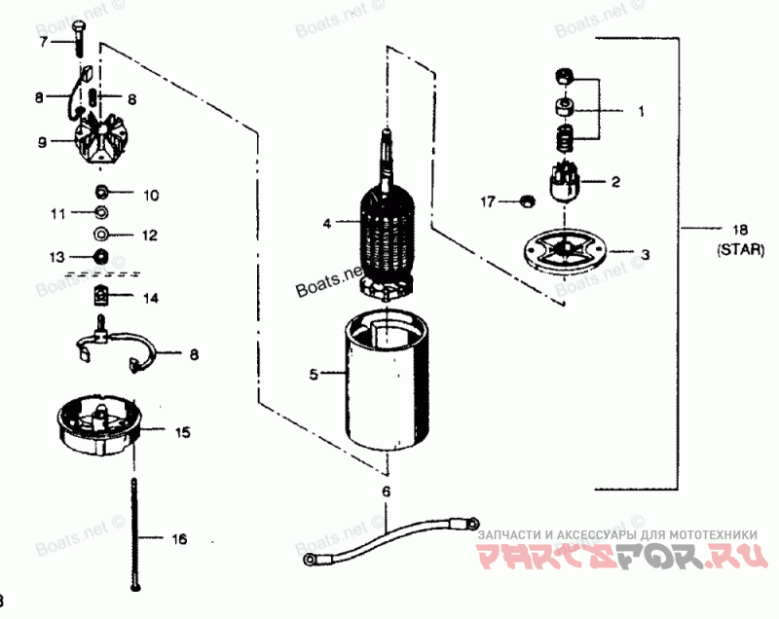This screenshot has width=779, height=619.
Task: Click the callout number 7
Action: coord(43,43)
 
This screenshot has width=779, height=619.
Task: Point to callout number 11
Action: coord(57,212)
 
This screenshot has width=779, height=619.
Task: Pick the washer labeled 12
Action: coord(101,234)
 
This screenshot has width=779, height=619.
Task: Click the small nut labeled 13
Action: coord(100,257)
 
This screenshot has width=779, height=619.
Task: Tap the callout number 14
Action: coord(150,297)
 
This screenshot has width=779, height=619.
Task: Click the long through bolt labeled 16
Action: coord(135,535)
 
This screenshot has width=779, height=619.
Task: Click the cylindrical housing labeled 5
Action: coord(389,384)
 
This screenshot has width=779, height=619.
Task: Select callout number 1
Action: coord(641,111)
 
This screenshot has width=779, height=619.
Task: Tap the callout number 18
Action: coord(742,231)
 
